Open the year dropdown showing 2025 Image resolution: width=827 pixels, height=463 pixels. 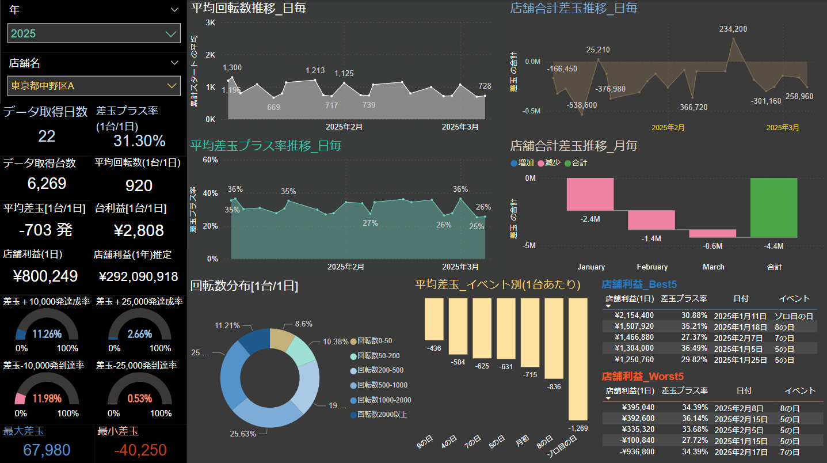(x=94, y=33)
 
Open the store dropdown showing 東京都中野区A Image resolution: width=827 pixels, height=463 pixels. (x=94, y=86)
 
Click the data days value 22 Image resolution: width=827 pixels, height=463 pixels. (x=47, y=136)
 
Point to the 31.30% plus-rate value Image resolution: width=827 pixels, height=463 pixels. (x=139, y=141)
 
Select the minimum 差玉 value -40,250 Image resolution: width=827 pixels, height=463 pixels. (x=140, y=450)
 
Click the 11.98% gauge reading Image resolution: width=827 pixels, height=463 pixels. (x=47, y=399)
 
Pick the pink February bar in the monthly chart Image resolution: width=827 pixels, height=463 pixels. (x=651, y=220)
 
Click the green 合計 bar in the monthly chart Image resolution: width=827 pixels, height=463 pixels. (x=774, y=207)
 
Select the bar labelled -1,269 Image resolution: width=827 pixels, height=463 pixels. (x=578, y=359)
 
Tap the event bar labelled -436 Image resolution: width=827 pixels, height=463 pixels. (x=434, y=319)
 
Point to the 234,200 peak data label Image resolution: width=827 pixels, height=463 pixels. (x=733, y=29)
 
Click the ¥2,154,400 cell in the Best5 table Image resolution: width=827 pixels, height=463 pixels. (x=634, y=316)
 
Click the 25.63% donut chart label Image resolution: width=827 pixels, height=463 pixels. (x=243, y=434)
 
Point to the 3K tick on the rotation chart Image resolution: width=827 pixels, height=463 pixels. (x=210, y=22)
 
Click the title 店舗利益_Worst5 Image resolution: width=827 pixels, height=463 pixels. (x=642, y=377)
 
